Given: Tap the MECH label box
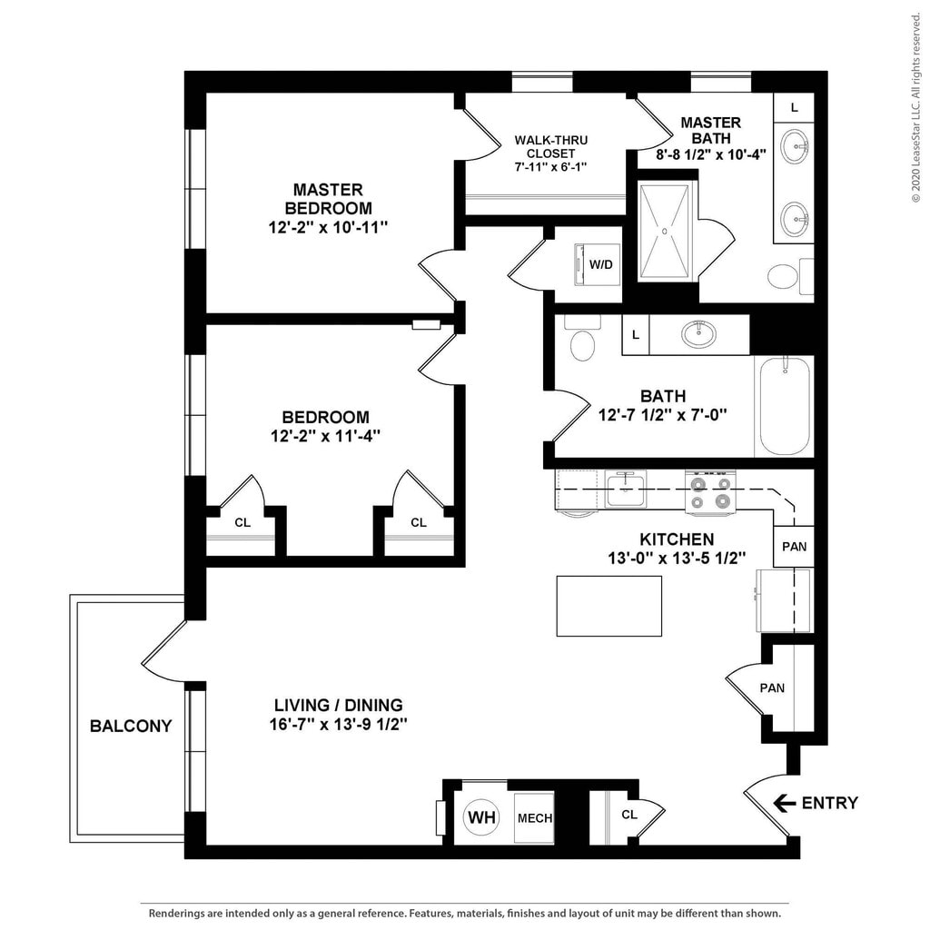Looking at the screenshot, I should tap(535, 817).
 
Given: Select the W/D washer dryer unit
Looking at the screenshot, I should tap(599, 265).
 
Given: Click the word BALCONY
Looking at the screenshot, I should tap(131, 726).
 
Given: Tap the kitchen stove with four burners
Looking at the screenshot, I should tap(710, 490).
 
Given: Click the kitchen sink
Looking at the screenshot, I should tap(626, 490).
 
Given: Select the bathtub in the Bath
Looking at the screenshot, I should tap(784, 406).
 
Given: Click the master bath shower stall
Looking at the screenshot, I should tap(665, 231).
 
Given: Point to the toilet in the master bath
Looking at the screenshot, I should tap(781, 276).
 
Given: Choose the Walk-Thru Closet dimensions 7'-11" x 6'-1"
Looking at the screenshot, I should tap(550, 167).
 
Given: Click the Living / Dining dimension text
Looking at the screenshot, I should tap(339, 725).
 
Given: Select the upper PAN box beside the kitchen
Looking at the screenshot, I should tap(794, 547).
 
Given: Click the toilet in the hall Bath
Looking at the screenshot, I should tap(580, 341).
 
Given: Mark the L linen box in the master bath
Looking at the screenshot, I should tap(795, 107).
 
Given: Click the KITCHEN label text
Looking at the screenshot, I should tap(677, 539).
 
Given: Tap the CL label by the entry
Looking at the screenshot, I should tap(629, 814).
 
